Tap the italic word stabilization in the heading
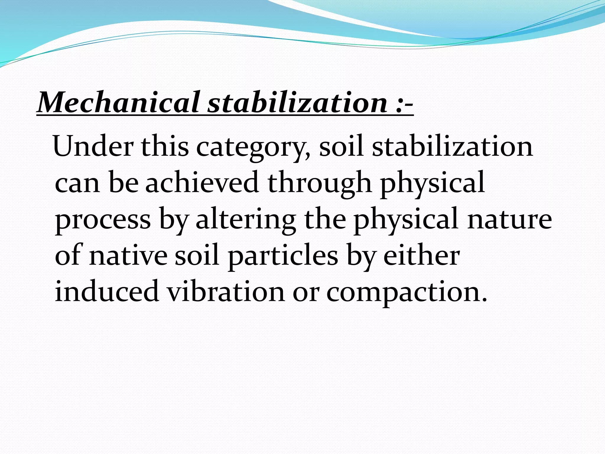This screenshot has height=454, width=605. coord(297,102)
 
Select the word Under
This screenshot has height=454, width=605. coord(93,146)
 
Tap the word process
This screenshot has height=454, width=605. coord(103,220)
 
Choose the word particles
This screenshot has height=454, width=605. coord(283,256)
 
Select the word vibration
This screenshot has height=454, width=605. coord(226,291)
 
